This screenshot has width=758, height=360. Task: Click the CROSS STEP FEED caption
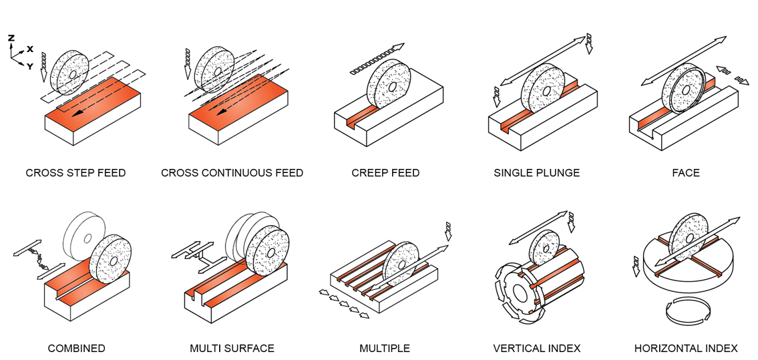[75, 173]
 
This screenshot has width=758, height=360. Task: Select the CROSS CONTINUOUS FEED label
[232, 173]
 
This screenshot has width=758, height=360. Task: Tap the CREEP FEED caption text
[385, 173]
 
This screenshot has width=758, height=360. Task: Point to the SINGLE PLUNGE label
[536, 173]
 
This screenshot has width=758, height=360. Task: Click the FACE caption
[686, 173]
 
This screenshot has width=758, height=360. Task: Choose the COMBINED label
[76, 348]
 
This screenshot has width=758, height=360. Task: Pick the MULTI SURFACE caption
[232, 348]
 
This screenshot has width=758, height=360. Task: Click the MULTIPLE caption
[385, 348]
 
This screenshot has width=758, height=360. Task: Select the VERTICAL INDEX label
[536, 348]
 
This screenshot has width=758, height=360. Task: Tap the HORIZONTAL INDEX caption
[686, 348]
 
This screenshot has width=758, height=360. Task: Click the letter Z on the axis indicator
[11, 38]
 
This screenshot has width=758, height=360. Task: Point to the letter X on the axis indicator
[30, 49]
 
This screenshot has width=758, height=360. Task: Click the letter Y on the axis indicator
[29, 66]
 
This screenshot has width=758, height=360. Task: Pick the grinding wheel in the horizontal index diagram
[689, 237]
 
